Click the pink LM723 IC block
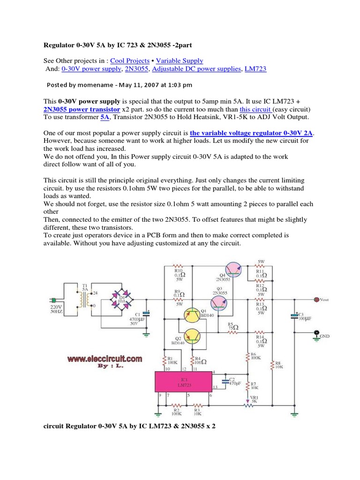pyautogui.click(x=183, y=382)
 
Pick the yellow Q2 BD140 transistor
pyautogui.click(x=192, y=336)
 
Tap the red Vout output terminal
pyautogui.click(x=316, y=299)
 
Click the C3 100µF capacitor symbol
pyautogui.click(x=294, y=317)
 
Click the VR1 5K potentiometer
pyautogui.click(x=247, y=404)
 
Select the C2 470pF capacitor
pyautogui.click(x=225, y=380)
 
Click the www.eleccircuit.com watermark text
pyautogui.click(x=104, y=359)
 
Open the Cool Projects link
pyautogui.click(x=130, y=60)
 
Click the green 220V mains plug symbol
pyautogui.click(x=54, y=300)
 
